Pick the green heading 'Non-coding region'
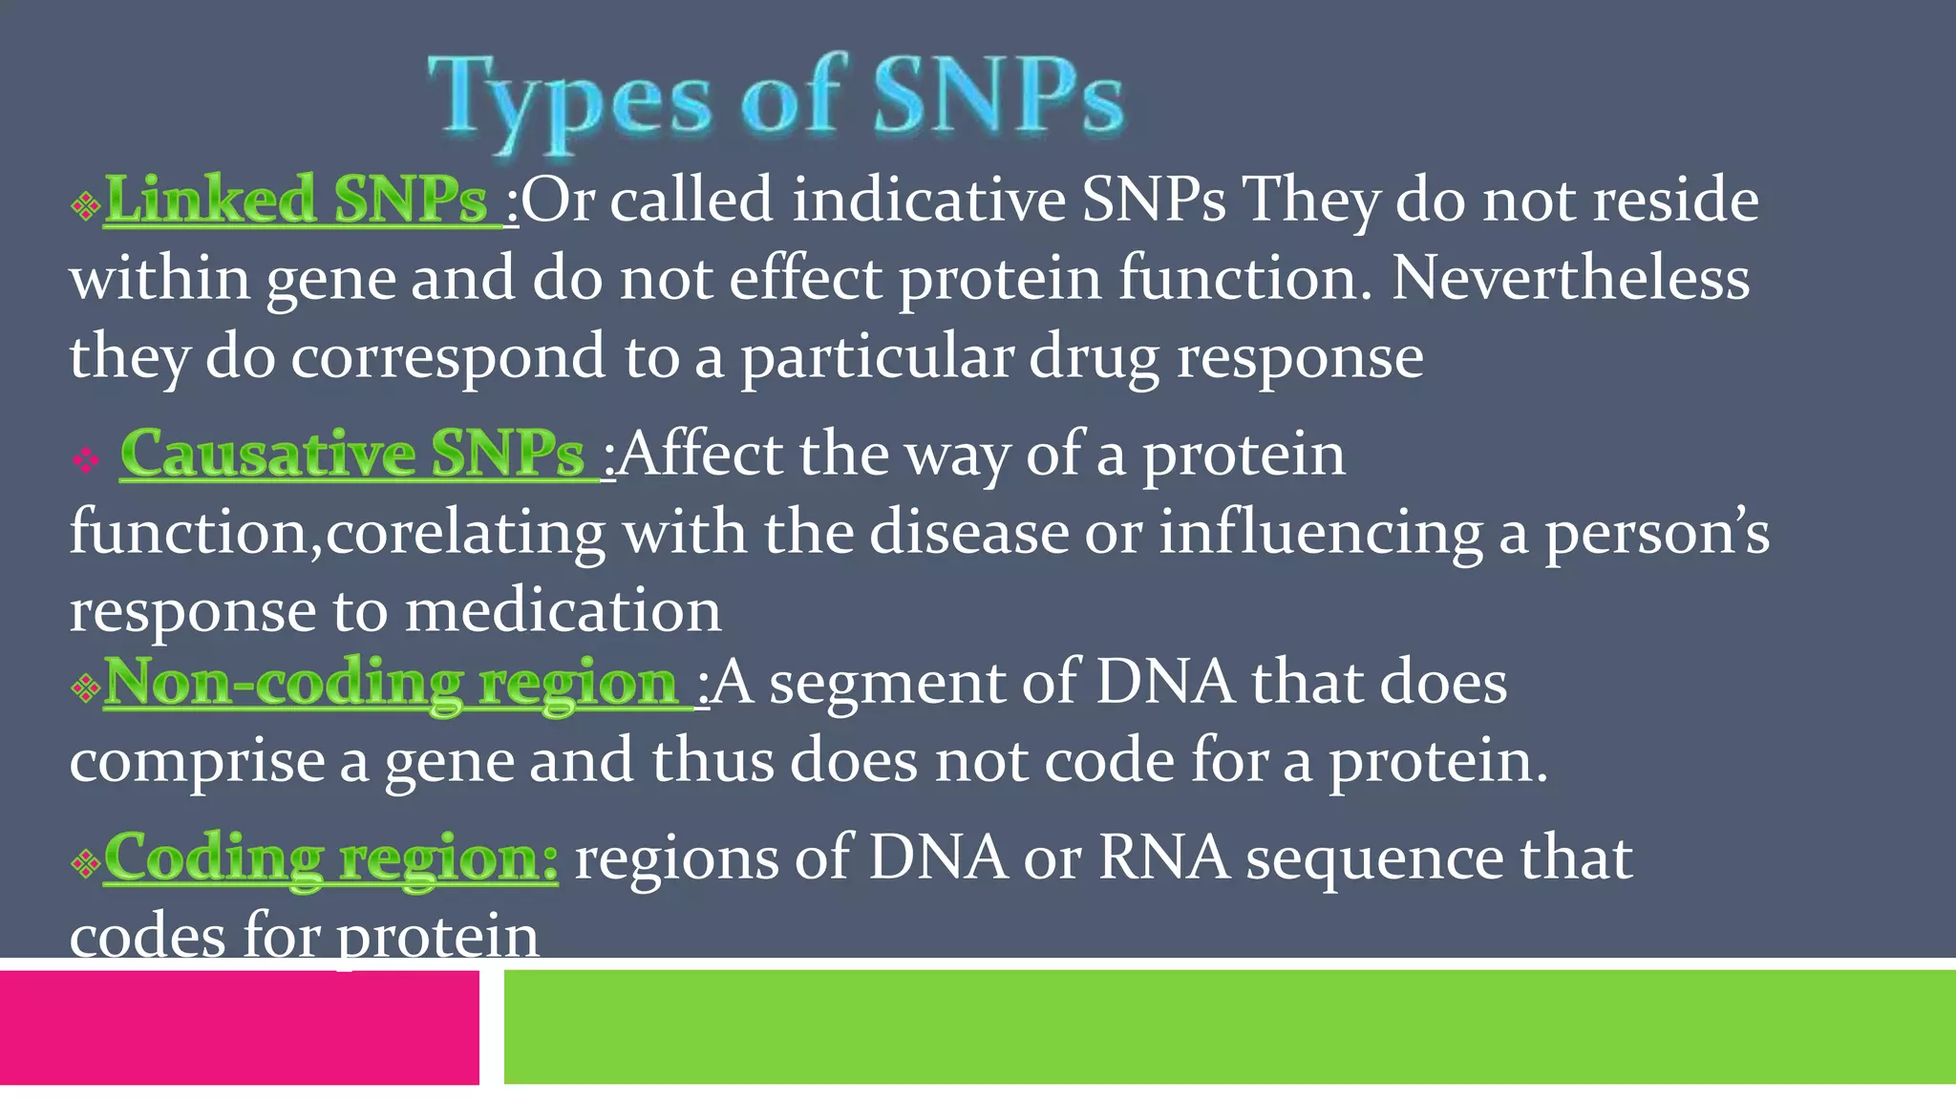pyautogui.click(x=390, y=683)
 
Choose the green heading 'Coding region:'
pyautogui.click(x=330, y=857)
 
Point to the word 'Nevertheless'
pyautogui.click(x=1570, y=279)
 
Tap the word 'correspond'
pyautogui.click(x=448, y=357)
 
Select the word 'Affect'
pyautogui.click(x=700, y=454)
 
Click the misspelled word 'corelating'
pyautogui.click(x=465, y=532)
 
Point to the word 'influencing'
pyautogui.click(x=1320, y=532)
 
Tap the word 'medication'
pyautogui.click(x=563, y=611)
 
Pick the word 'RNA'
pyautogui.click(x=1163, y=857)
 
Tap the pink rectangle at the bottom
pyautogui.click(x=239, y=1026)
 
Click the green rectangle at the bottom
pyautogui.click(x=1229, y=1026)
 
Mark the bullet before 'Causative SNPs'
pyautogui.click(x=86, y=462)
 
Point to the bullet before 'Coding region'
pyautogui.click(x=85, y=865)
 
